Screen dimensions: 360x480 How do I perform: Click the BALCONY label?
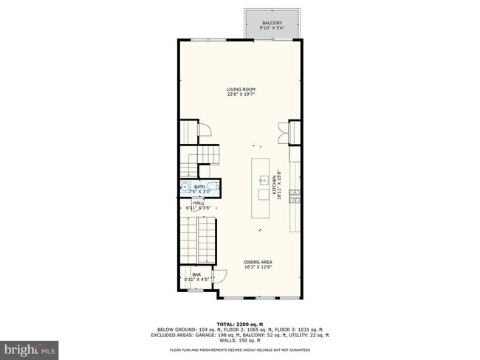click(x=271, y=24)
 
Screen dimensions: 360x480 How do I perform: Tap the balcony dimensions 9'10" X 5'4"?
click(x=271, y=29)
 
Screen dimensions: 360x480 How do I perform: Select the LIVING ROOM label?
click(x=240, y=89)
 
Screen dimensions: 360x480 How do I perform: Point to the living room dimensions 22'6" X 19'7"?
click(x=240, y=94)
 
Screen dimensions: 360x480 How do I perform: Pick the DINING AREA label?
click(x=258, y=262)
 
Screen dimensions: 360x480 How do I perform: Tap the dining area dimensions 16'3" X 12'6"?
click(x=258, y=267)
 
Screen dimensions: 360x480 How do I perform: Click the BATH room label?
click(x=199, y=187)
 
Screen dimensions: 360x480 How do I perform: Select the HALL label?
click(x=199, y=202)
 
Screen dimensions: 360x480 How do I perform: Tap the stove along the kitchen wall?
click(x=296, y=195)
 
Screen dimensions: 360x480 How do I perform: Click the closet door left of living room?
click(x=208, y=132)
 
